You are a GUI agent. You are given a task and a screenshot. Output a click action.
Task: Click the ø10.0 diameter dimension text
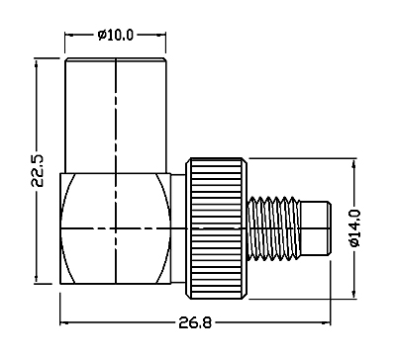116,35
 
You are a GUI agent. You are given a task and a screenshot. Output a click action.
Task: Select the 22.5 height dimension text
38,170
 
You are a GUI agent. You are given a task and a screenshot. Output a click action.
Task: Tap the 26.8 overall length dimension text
195,322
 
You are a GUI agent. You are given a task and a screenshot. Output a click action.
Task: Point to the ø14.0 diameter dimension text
355,227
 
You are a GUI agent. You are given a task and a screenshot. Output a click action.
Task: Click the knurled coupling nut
216,228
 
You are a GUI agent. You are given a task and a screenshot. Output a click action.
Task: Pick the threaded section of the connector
274,228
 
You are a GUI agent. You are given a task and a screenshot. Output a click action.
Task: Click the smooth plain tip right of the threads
316,228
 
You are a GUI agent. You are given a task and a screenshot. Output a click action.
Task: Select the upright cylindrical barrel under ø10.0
116,116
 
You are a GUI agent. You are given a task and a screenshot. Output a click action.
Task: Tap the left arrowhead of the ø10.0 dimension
69,35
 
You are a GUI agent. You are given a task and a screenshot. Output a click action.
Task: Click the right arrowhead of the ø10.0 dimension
161,35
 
